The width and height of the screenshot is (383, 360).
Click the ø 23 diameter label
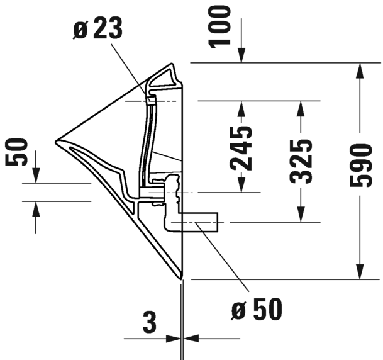97,29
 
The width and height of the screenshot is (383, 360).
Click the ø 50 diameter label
257,308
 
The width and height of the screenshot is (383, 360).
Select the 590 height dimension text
361,166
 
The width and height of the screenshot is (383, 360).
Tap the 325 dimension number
301,162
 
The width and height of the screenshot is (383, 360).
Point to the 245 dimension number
241,149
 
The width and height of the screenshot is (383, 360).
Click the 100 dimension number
219,27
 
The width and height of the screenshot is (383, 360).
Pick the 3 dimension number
150,323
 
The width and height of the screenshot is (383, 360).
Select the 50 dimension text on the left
16,152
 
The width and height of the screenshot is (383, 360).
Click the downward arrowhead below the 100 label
241,55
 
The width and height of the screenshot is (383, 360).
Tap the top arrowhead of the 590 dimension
360,70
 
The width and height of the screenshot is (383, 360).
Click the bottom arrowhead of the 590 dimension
360,271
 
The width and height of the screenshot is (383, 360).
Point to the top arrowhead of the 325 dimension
301,108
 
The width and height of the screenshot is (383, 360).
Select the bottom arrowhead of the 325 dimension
301,215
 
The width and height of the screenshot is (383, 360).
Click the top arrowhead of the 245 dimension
241,108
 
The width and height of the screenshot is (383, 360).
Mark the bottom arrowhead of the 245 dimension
241,185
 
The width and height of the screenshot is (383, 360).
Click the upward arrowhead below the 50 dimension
36,209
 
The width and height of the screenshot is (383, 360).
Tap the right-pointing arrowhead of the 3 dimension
173,339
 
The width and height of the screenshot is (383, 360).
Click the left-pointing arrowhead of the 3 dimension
191,339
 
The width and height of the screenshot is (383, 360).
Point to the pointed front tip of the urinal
56,142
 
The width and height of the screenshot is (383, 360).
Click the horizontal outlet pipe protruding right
199,222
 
